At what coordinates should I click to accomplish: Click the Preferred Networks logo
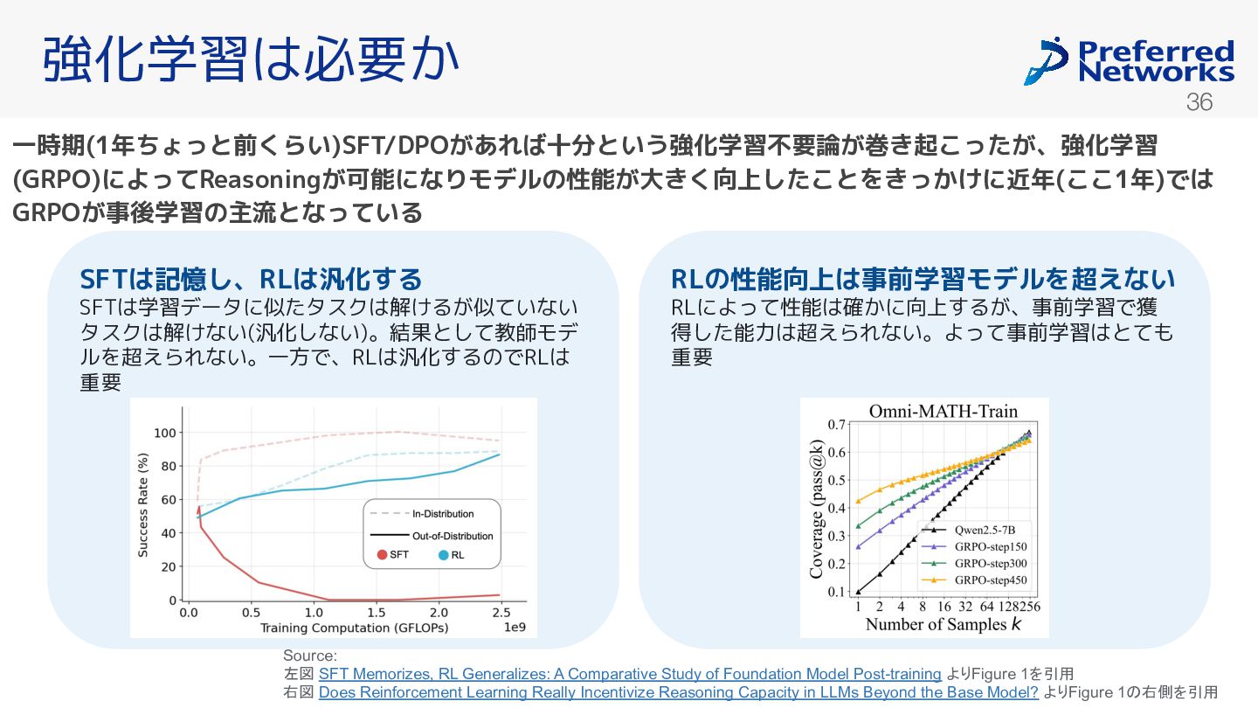click(x=1129, y=60)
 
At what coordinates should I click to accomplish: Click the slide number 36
click(x=1199, y=102)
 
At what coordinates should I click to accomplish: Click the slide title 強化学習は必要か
click(x=252, y=60)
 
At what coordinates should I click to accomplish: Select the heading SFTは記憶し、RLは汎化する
click(x=251, y=279)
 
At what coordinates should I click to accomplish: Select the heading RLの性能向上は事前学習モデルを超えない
click(x=923, y=279)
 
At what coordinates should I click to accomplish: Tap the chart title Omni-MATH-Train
click(x=943, y=411)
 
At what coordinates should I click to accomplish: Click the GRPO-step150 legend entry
click(x=991, y=546)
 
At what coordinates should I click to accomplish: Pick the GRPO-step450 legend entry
click(x=991, y=580)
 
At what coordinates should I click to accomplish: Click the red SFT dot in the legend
click(x=382, y=555)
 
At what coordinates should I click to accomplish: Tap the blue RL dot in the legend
click(x=444, y=555)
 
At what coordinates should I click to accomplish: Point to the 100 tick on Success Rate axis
click(x=164, y=433)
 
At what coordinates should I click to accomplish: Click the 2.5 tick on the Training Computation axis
click(x=501, y=613)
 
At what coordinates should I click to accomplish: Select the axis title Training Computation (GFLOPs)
click(x=354, y=628)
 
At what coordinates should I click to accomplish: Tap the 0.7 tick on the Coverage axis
click(x=836, y=425)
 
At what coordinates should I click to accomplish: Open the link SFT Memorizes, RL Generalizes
click(x=629, y=674)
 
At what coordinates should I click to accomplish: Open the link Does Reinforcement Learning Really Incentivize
click(x=678, y=692)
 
